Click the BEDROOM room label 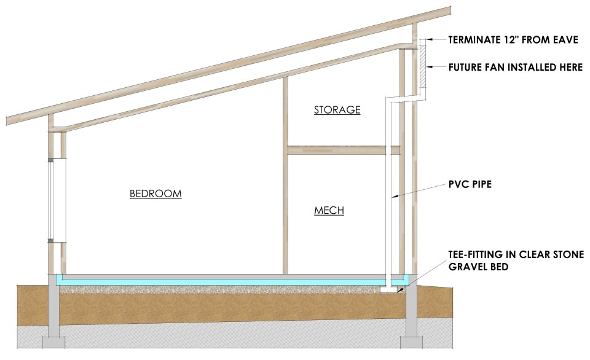(x=155, y=194)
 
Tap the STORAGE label (x=337, y=111)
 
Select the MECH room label (x=329, y=211)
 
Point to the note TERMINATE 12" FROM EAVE (x=513, y=41)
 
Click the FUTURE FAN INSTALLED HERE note (x=516, y=68)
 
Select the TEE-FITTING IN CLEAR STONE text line (x=516, y=254)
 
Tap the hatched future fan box (x=423, y=67)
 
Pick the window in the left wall (x=55, y=200)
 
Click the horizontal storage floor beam (x=344, y=149)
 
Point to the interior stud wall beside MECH (x=285, y=209)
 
